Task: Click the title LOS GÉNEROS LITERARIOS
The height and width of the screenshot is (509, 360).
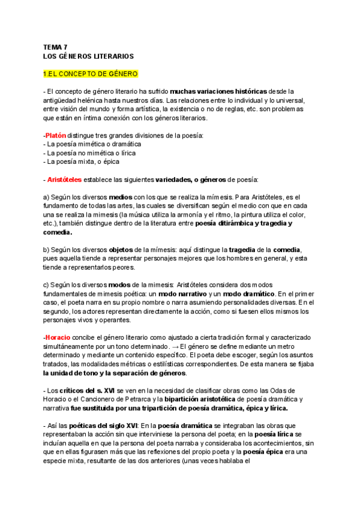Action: [88, 56]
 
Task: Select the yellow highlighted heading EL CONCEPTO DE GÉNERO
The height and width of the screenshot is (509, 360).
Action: [91, 74]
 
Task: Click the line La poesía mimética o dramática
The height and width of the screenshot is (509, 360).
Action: [92, 144]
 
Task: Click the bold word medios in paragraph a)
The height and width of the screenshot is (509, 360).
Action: [120, 197]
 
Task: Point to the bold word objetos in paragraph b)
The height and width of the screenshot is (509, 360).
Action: [122, 249]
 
